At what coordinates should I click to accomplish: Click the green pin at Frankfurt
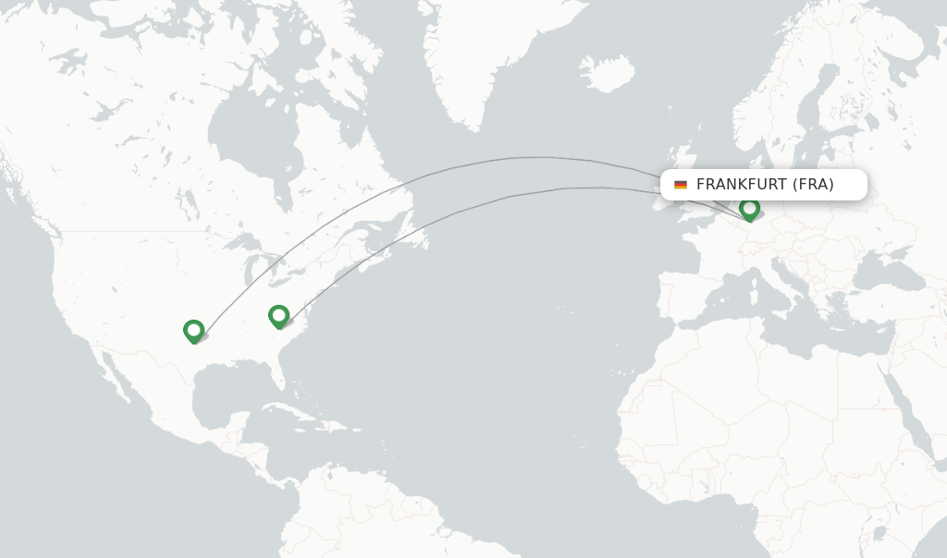749,209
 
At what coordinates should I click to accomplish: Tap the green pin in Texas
193,330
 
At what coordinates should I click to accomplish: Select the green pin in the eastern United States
278,316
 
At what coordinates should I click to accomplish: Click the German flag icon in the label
681,185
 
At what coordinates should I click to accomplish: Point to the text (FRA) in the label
813,185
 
